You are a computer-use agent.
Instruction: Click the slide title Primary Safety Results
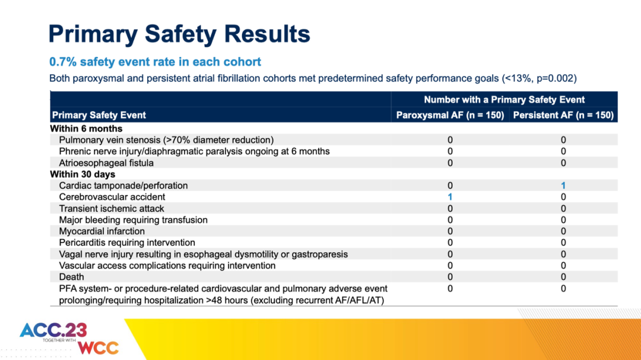tap(179, 34)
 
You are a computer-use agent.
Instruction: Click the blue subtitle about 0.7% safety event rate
tap(155, 62)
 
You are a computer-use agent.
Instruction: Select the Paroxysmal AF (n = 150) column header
tap(450, 115)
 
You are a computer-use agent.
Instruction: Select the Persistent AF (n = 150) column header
tap(563, 115)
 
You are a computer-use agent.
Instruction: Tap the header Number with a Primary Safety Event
tap(504, 100)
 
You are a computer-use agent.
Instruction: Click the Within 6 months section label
tap(86, 129)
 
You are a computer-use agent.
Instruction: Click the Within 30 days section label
tap(82, 174)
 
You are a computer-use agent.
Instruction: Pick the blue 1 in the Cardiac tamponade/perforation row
tap(563, 186)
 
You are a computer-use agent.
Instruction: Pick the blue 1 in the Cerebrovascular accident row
tap(450, 197)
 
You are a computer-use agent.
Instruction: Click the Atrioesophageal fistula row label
tap(106, 163)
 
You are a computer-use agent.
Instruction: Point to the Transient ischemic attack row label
tap(112, 208)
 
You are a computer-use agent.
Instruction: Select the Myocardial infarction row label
tap(101, 231)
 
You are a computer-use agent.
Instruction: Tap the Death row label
tap(71, 277)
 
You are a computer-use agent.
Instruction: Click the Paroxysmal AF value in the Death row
tap(450, 277)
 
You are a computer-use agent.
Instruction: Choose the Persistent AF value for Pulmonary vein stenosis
tap(563, 140)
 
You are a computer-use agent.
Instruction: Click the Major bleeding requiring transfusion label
tap(133, 220)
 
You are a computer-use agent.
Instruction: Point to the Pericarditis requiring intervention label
tap(127, 243)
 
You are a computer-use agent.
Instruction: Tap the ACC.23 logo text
tap(53, 330)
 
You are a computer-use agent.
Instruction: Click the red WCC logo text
tap(98, 347)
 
